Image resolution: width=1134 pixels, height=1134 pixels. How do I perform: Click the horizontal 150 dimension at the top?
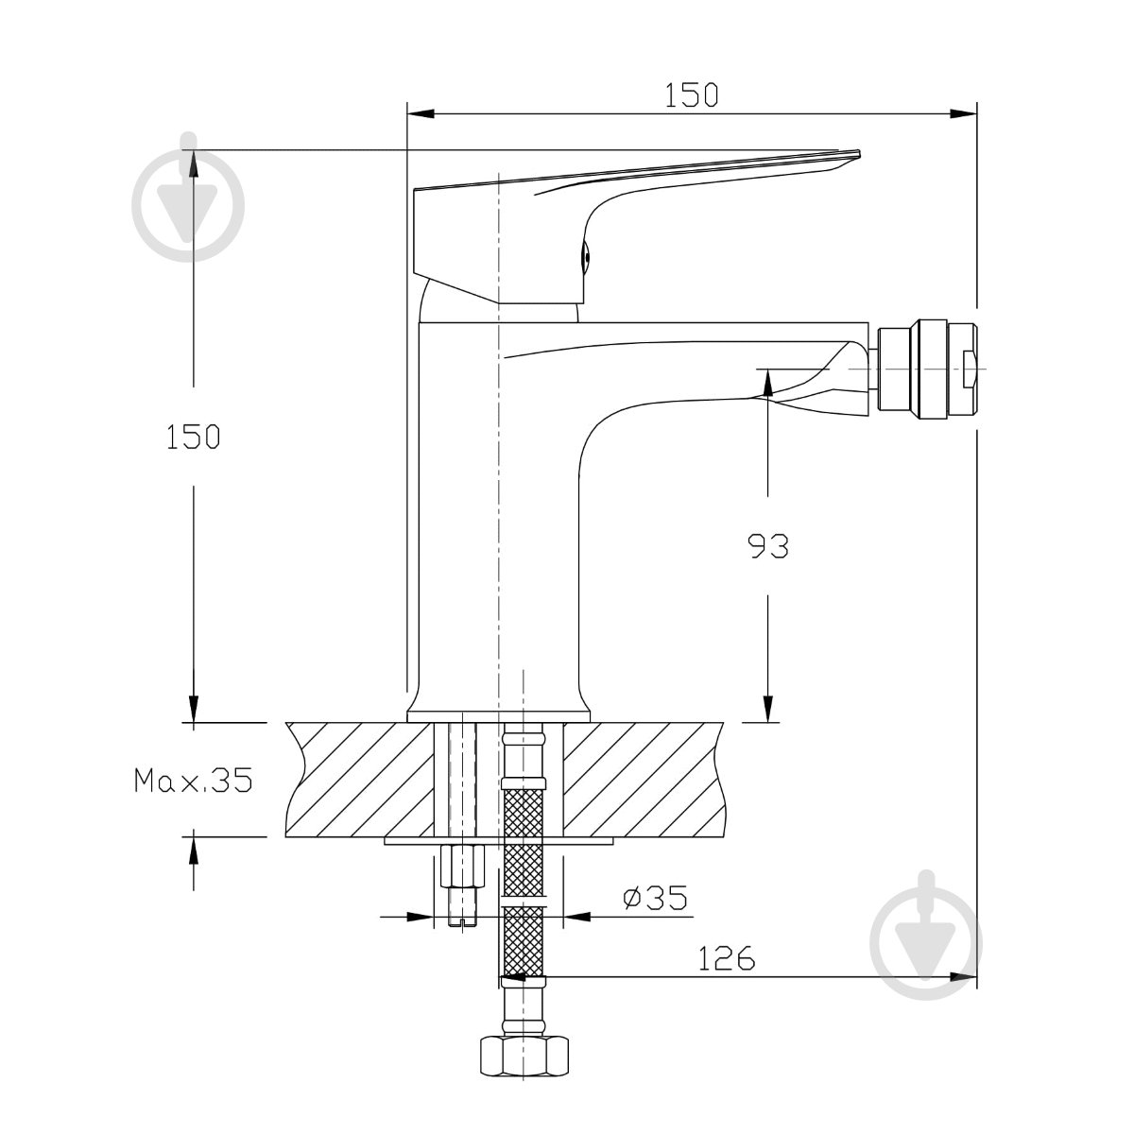click(691, 95)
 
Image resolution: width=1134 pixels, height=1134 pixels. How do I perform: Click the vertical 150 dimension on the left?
click(193, 437)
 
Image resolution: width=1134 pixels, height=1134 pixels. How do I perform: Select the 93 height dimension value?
click(768, 546)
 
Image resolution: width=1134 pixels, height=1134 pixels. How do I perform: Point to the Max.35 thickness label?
click(194, 780)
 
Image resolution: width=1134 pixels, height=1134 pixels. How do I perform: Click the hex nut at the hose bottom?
click(524, 1056)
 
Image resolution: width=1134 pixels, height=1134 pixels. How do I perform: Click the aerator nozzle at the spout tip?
click(926, 369)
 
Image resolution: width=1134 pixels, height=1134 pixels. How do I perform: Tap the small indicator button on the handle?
click(585, 258)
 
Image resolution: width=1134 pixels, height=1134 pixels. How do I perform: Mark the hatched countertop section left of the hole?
click(359, 780)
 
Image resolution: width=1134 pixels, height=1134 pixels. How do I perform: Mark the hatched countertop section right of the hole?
click(644, 780)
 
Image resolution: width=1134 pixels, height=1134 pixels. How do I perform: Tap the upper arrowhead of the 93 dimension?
click(768, 383)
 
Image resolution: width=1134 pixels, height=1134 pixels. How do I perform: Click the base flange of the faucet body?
click(498, 715)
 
